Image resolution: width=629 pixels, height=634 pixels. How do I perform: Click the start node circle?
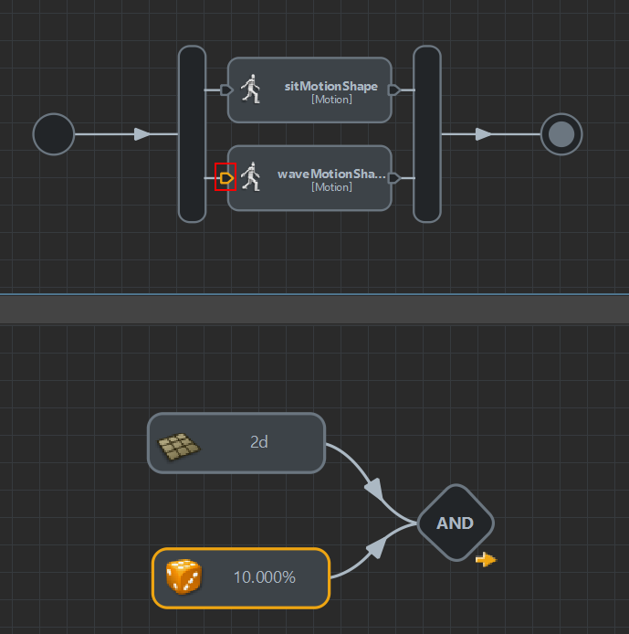[53, 134]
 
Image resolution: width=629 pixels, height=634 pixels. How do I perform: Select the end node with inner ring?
[561, 134]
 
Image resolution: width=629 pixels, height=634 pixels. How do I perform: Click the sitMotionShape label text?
[330, 86]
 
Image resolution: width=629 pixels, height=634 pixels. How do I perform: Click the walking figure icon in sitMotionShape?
[251, 90]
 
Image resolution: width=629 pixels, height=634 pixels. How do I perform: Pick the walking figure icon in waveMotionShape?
[251, 177]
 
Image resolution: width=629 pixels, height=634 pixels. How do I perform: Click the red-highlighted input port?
[225, 177]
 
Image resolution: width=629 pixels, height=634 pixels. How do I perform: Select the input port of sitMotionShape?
[226, 90]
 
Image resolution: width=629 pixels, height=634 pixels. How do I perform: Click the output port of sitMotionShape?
[393, 90]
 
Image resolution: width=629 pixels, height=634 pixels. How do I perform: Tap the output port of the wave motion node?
[393, 177]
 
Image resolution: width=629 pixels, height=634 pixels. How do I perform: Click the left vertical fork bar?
[192, 134]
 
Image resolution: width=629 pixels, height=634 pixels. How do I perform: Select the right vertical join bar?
[427, 134]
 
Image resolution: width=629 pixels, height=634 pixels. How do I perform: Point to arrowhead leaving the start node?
[142, 134]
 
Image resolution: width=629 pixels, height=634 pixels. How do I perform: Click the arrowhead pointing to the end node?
[484, 134]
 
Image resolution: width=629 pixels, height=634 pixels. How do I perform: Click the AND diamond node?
[455, 523]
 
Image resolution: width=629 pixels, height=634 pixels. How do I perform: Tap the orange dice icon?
[183, 576]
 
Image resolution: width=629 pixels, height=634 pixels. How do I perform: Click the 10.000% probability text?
[265, 577]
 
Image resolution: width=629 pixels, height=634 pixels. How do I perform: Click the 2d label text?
[259, 442]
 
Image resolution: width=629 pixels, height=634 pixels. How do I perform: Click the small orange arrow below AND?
[487, 559]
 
